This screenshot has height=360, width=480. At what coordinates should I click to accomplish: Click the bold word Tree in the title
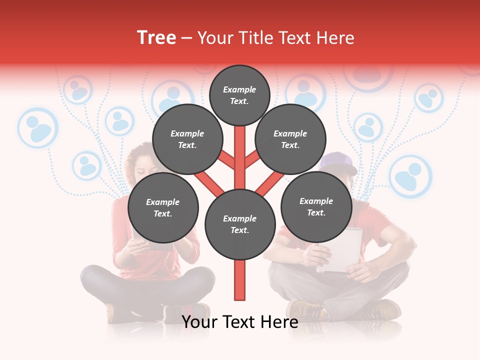(x=156, y=38)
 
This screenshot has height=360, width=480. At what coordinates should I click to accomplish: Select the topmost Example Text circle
(x=239, y=95)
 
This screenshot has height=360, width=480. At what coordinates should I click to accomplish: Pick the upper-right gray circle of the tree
(x=290, y=139)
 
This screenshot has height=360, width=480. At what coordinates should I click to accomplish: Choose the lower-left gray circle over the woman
(x=163, y=208)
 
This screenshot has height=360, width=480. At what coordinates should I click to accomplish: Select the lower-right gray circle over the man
(x=316, y=207)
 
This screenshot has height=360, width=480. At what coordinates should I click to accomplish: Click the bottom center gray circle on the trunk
(x=240, y=224)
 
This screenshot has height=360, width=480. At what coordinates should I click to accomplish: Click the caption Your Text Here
(x=240, y=322)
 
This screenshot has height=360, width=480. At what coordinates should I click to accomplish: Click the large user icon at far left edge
(x=37, y=128)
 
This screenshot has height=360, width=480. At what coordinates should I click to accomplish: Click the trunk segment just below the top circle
(x=240, y=137)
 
